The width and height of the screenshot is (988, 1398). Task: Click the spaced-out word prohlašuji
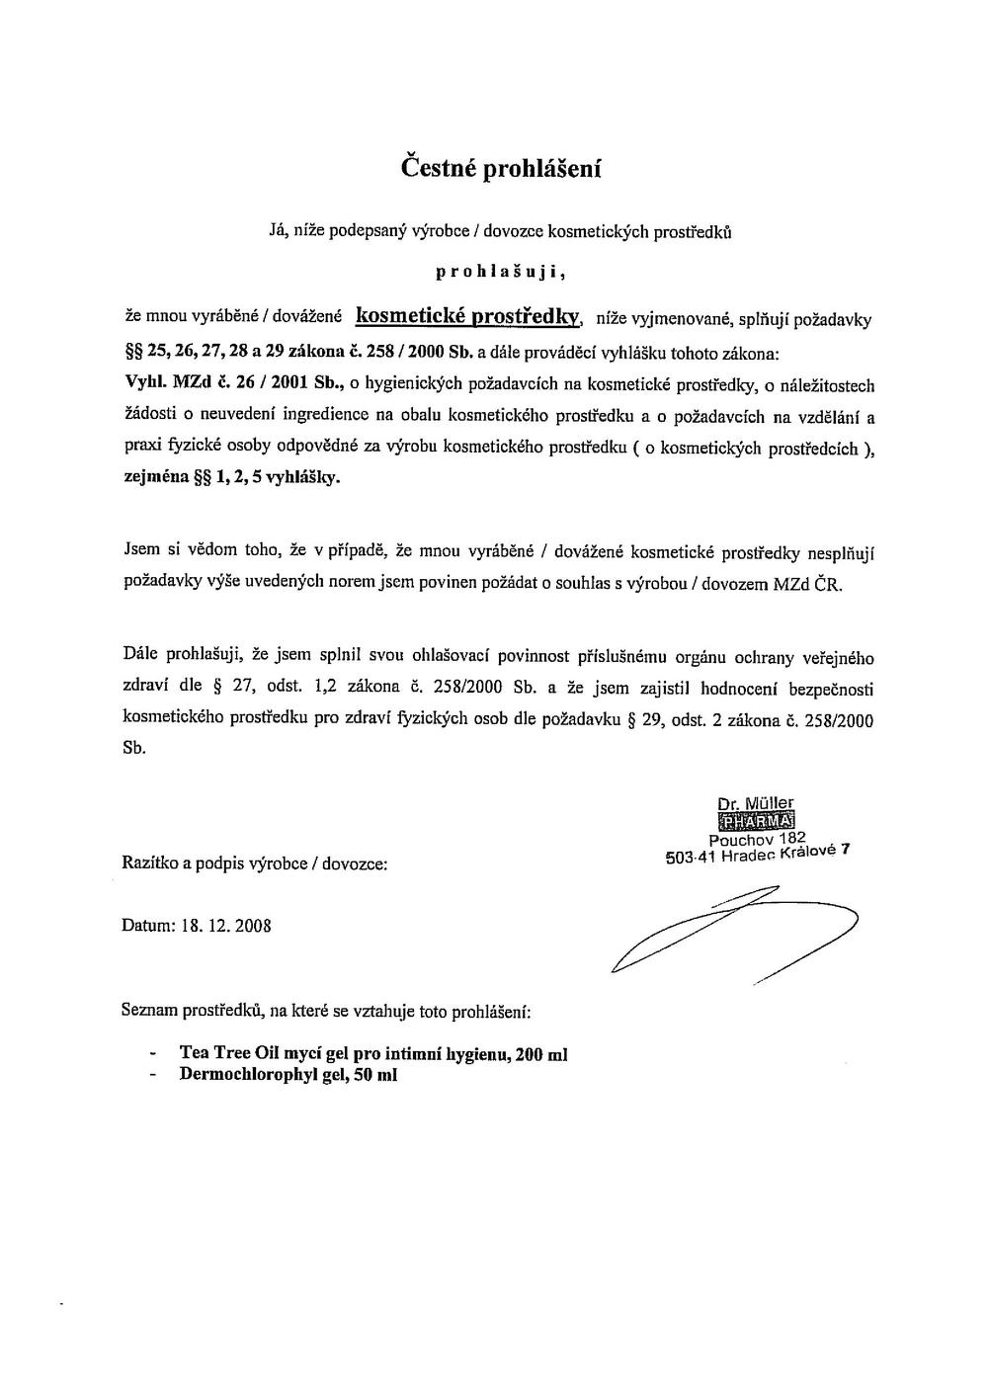(x=500, y=271)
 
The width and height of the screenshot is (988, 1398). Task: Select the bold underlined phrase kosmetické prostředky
(x=467, y=316)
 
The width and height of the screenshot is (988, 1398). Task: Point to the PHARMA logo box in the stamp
(x=758, y=820)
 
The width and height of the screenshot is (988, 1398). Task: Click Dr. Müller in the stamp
(x=757, y=803)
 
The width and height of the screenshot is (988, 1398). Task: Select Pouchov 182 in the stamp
(x=758, y=839)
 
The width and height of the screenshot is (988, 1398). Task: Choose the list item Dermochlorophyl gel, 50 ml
(x=288, y=1075)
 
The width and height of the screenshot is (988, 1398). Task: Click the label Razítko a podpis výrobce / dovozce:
(x=254, y=863)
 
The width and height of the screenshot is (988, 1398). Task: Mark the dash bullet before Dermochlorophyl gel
(x=152, y=1076)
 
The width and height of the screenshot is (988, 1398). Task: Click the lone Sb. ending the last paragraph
(x=134, y=748)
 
